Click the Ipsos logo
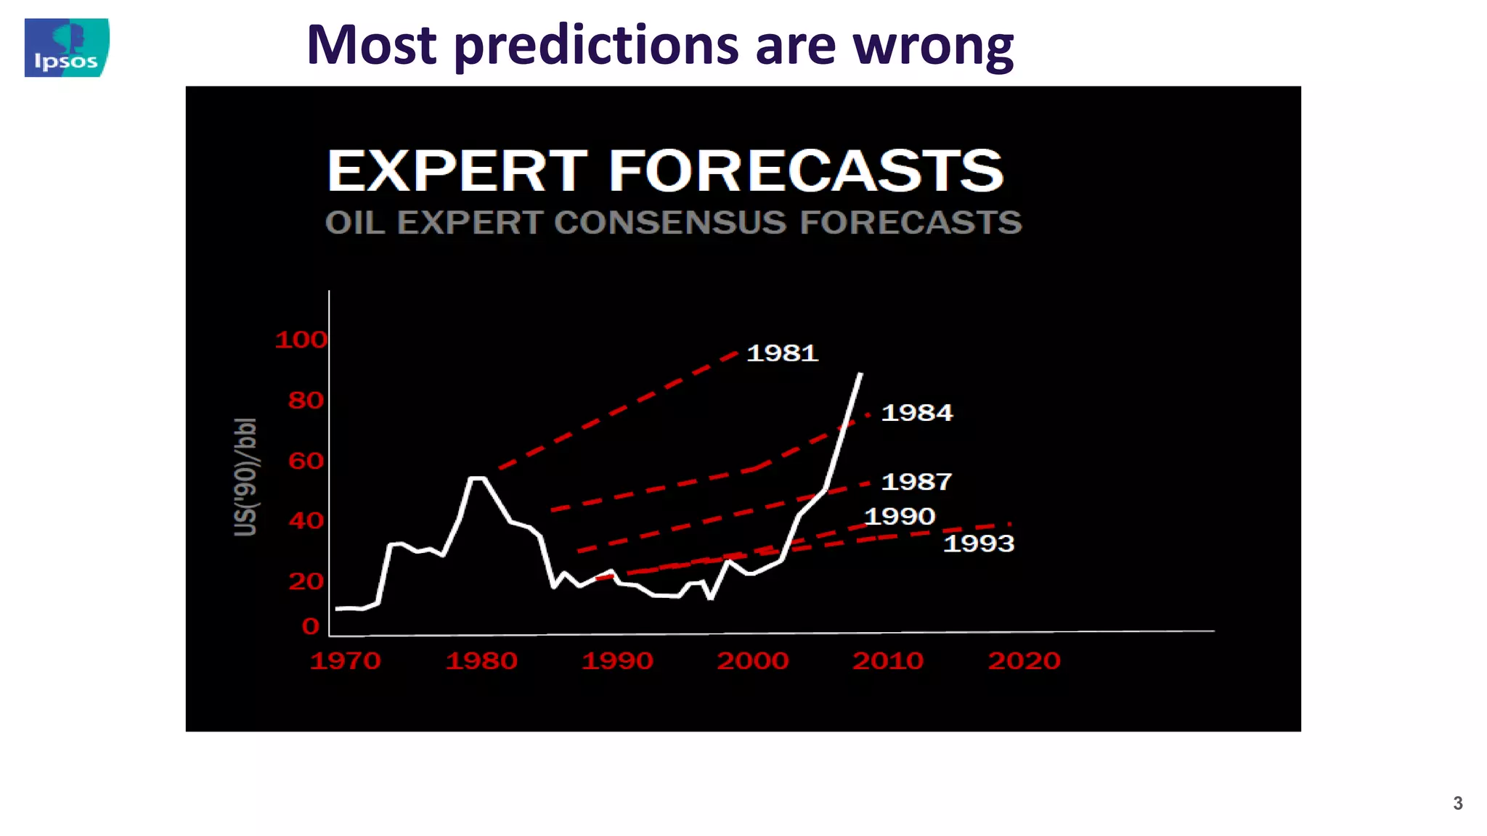click(67, 48)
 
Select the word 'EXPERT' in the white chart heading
click(457, 171)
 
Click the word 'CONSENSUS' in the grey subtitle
click(670, 222)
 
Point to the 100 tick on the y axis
click(301, 340)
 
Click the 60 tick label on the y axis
click(306, 461)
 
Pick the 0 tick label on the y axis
click(311, 626)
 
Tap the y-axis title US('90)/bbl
click(245, 477)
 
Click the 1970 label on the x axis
click(346, 660)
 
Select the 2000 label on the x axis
click(753, 660)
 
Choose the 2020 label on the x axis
click(1024, 660)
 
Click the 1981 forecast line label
click(782, 353)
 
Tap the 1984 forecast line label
click(916, 413)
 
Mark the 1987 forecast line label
click(916, 482)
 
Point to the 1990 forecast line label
click(900, 516)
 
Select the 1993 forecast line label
click(978, 543)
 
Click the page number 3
click(1457, 803)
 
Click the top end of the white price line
click(861, 374)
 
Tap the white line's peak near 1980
click(477, 478)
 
